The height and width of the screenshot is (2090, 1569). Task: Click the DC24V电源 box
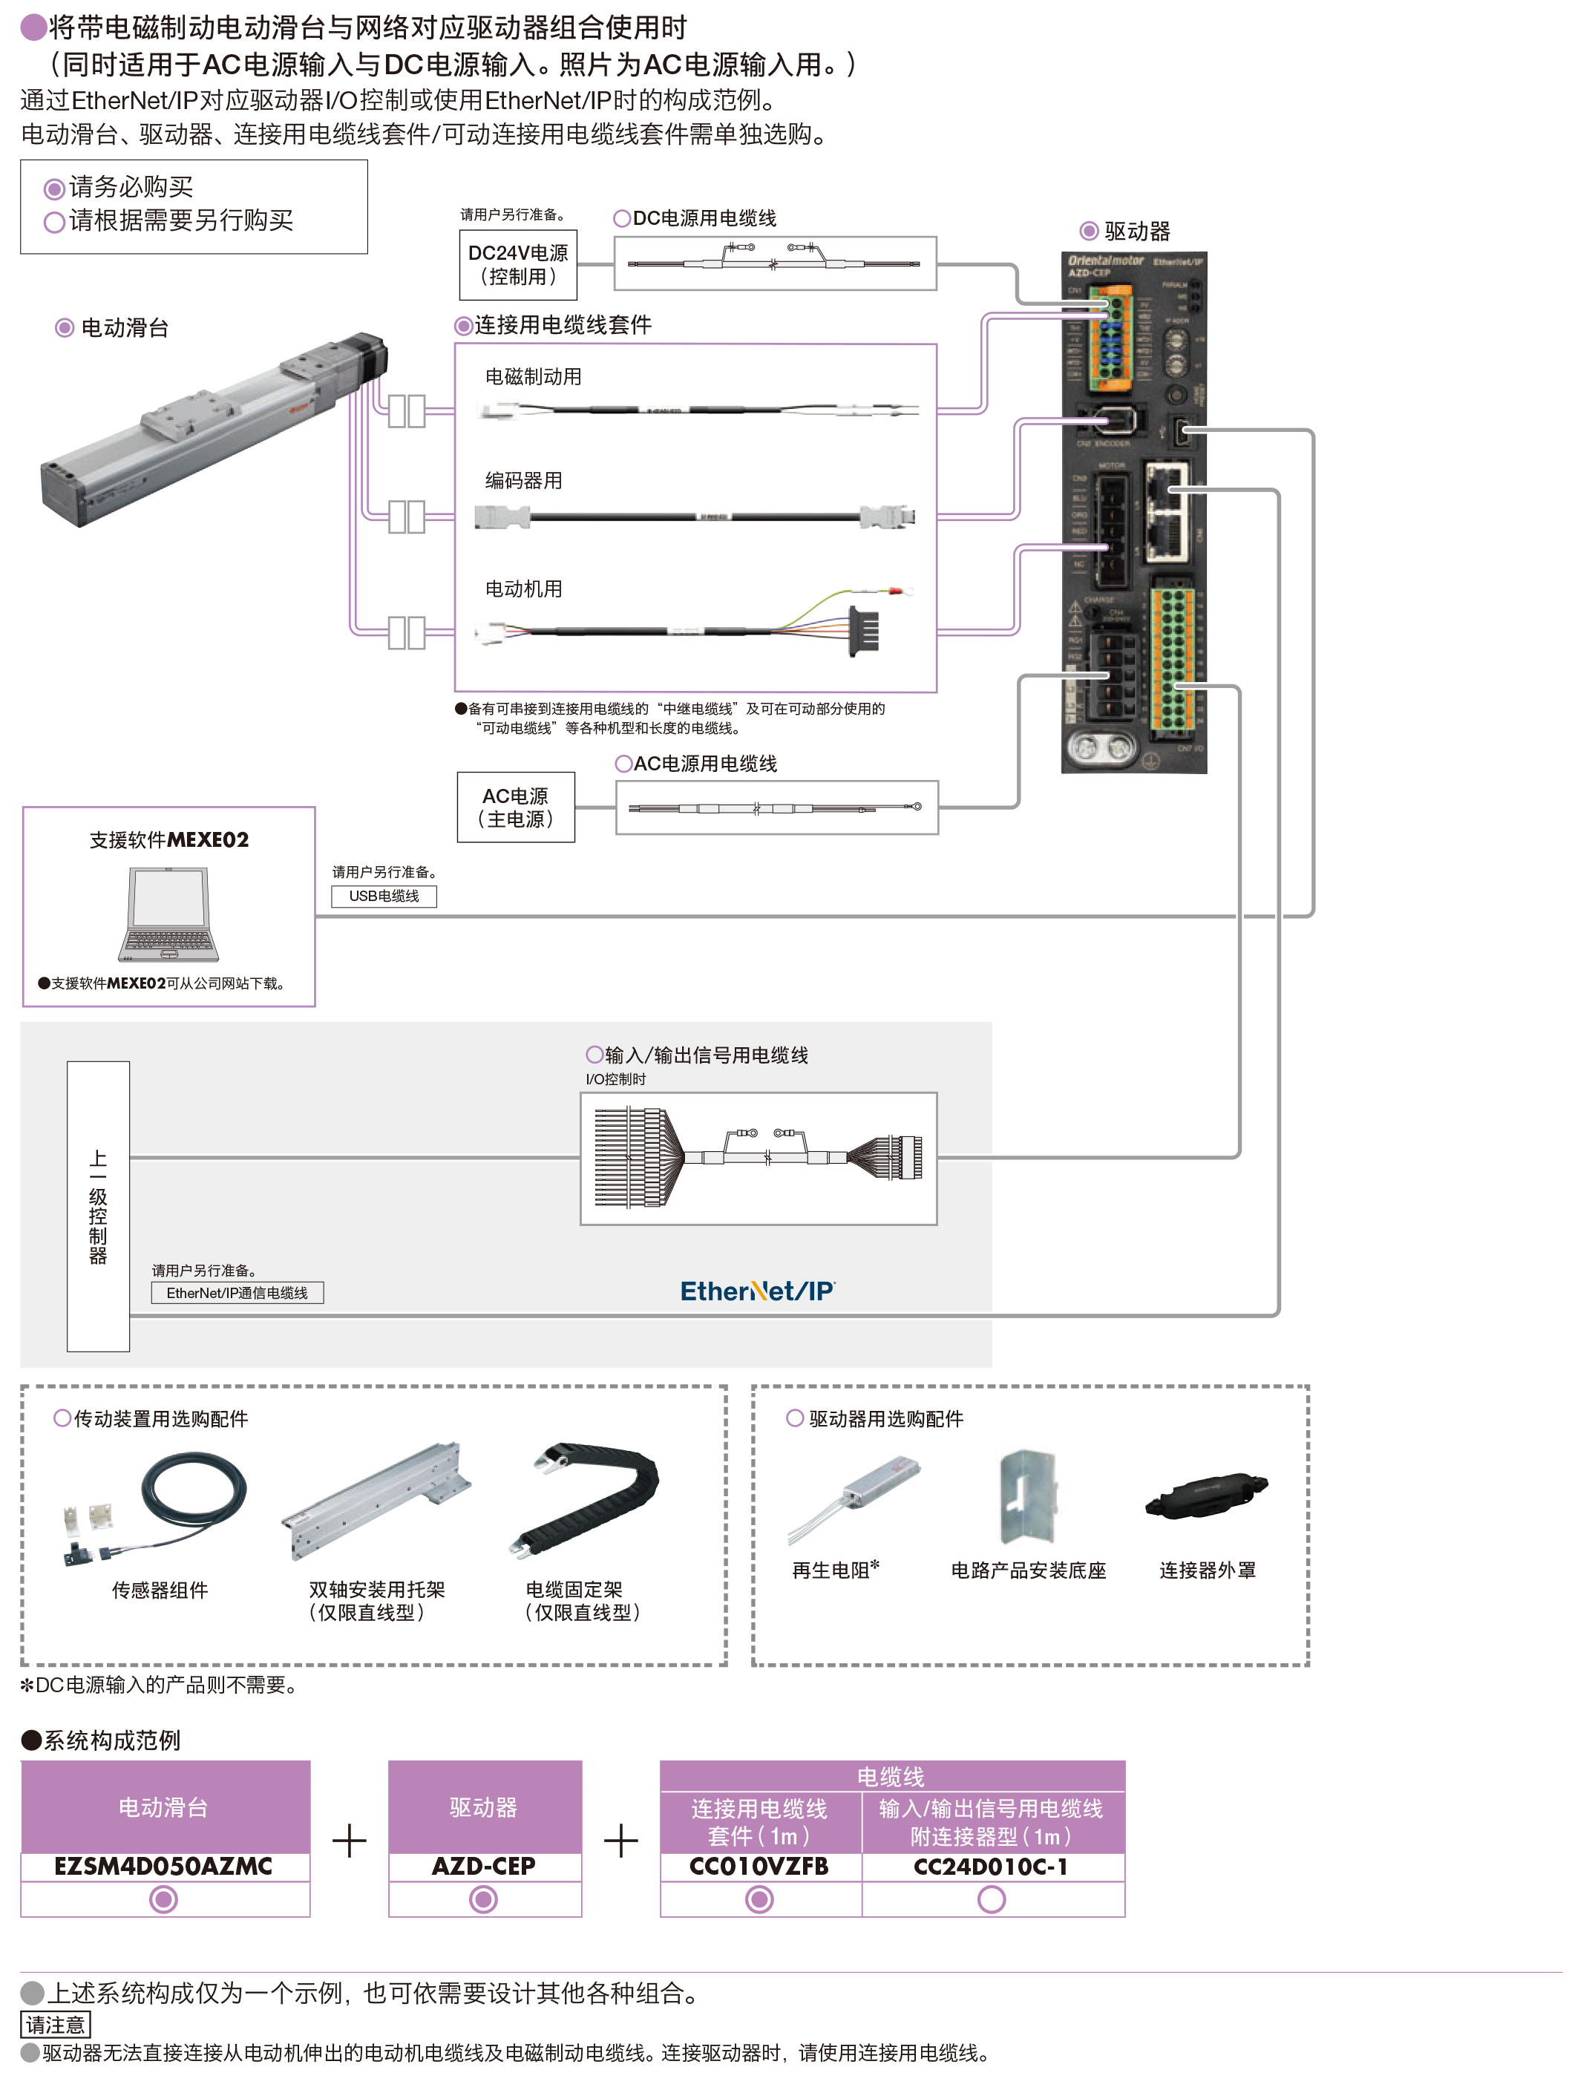(517, 264)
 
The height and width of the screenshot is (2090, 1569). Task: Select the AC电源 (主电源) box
(515, 807)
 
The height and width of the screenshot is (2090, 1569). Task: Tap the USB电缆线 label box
(384, 896)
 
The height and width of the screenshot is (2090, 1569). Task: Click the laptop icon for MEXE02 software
(169, 914)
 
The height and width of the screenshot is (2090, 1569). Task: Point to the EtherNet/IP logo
(758, 1291)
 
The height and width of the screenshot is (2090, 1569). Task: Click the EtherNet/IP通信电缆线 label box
(237, 1293)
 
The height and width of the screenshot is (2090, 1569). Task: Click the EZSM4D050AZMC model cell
(164, 1866)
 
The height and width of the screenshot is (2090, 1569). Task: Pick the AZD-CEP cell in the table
(484, 1866)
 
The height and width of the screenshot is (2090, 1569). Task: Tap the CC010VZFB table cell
(759, 1866)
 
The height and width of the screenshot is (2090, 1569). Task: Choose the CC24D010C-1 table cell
(991, 1866)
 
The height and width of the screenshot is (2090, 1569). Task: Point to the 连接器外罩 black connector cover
(1206, 1495)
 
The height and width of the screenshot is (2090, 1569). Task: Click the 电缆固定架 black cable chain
(584, 1498)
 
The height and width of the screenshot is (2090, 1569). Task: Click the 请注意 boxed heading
(55, 2025)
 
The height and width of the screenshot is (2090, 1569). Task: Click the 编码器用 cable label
(523, 481)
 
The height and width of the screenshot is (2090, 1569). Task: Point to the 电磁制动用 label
(533, 377)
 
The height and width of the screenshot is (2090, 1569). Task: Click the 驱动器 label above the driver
(1136, 232)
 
